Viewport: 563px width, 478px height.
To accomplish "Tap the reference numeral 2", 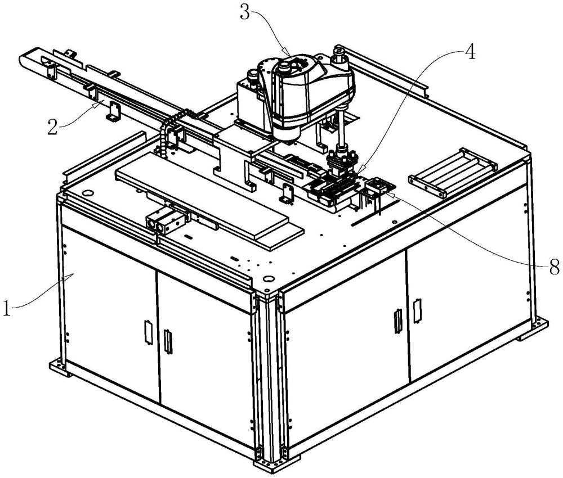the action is coord(52,127).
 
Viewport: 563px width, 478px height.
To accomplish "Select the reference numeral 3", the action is coord(245,12).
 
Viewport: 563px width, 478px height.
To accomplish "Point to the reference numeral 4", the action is coord(470,52).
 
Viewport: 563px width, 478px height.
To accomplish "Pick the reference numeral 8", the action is coord(554,267).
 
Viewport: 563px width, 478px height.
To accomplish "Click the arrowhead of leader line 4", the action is coord(362,168).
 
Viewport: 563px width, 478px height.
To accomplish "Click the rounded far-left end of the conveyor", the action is coord(24,58).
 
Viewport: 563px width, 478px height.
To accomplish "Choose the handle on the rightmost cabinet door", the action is coord(417,311).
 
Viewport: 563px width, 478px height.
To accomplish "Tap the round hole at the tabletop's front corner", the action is coord(267,278).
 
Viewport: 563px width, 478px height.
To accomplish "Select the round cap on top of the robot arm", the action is coord(284,65).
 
